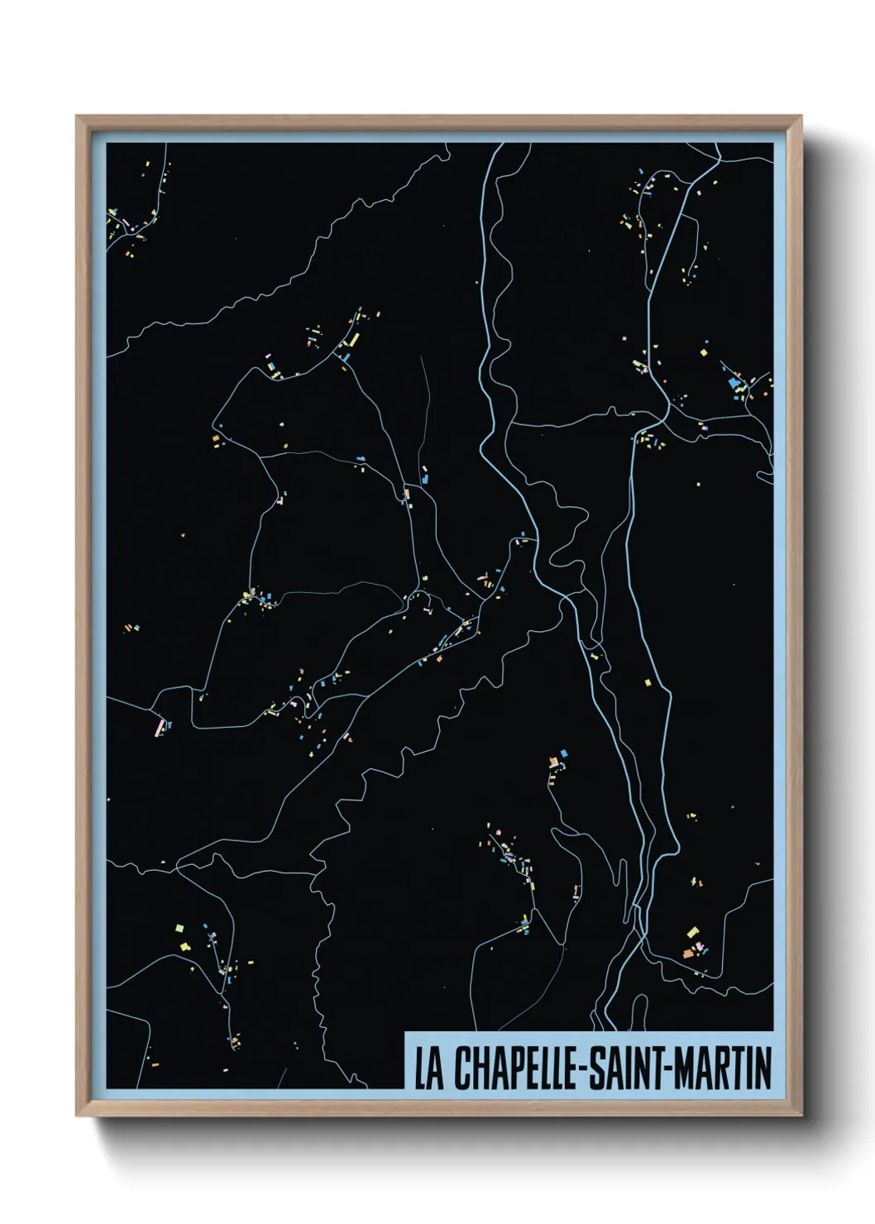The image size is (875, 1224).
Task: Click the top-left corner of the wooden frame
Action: [77, 117]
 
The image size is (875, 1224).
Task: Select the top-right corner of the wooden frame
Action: [801, 117]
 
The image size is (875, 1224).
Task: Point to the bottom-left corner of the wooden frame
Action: [77, 1115]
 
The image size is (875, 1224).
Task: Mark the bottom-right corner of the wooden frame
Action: [801, 1115]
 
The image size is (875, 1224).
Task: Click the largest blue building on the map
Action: [733, 382]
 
